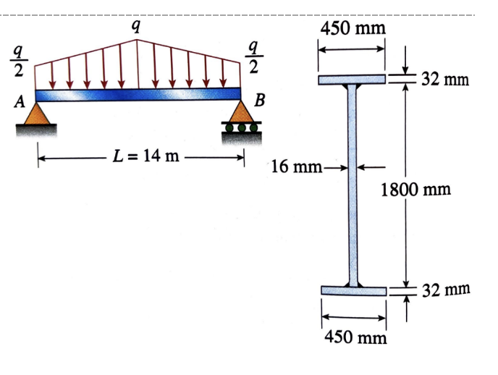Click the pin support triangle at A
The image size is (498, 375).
click(36, 113)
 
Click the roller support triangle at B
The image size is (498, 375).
click(240, 113)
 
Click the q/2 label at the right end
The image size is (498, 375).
click(253, 57)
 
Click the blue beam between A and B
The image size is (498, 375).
click(138, 94)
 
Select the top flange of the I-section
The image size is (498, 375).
click(353, 78)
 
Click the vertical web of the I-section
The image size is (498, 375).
click(353, 185)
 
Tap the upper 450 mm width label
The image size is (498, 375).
click(353, 28)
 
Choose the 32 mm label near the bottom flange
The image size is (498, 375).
click(446, 290)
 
